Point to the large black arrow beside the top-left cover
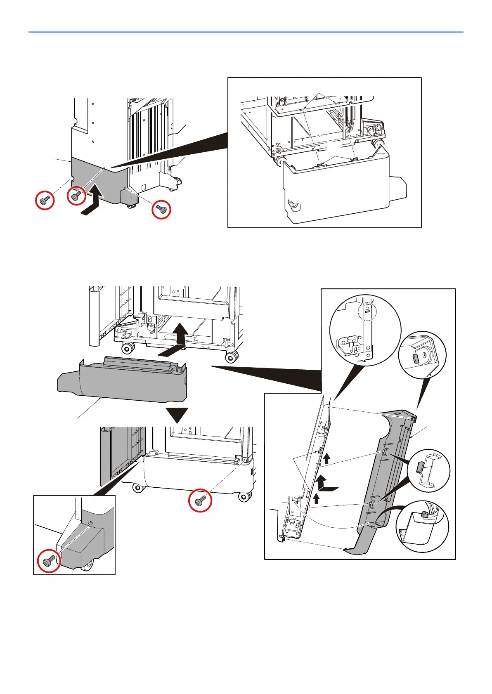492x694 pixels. click(92, 202)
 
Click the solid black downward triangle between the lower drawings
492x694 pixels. click(177, 415)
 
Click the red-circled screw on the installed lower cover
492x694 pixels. click(200, 501)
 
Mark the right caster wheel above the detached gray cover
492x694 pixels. click(231, 356)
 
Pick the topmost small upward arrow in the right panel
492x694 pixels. click(327, 458)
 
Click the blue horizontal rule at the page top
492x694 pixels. click(246, 32)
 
